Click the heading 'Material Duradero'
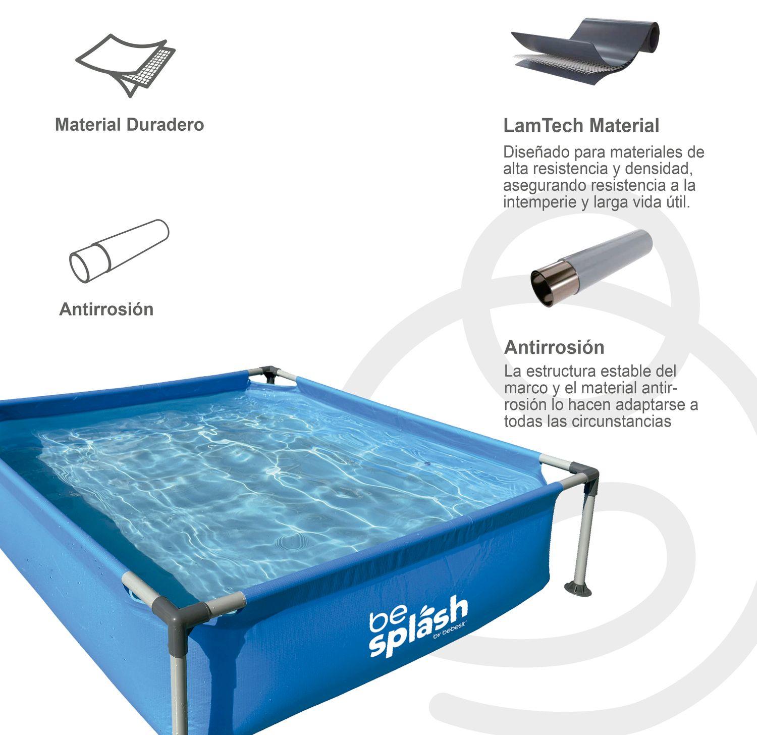(x=129, y=125)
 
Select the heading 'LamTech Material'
(x=581, y=126)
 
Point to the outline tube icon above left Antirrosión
(x=119, y=251)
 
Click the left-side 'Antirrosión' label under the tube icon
(x=106, y=309)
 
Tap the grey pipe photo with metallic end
(x=591, y=268)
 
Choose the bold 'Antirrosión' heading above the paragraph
(x=554, y=347)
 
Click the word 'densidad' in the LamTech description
(x=662, y=169)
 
